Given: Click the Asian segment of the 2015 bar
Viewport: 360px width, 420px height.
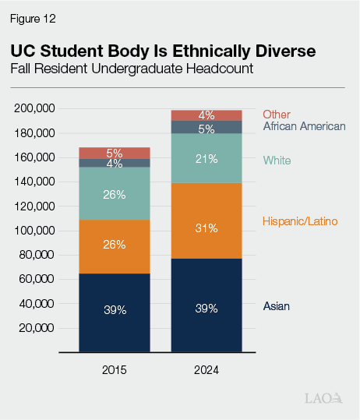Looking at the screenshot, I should tap(115, 312).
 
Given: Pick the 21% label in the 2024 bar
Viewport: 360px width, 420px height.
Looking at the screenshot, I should tap(206, 160).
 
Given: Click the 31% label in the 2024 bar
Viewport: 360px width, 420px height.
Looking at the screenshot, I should tap(206, 228).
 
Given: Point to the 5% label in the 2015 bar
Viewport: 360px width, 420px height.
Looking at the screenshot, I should tap(115, 153).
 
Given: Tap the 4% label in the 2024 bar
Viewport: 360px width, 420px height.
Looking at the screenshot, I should tap(206, 115).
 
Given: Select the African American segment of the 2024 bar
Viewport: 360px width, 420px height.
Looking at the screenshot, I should tap(206, 127).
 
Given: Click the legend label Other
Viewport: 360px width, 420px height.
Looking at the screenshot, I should tap(277, 115).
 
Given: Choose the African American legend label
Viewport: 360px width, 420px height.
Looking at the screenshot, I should tap(304, 125).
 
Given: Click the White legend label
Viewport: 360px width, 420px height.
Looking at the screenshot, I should tap(277, 161).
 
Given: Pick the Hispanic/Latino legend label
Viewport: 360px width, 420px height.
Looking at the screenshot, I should tap(300, 222).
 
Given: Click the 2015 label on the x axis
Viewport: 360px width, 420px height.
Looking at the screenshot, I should tap(115, 370).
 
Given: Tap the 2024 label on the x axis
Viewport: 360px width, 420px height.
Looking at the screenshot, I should tap(206, 370).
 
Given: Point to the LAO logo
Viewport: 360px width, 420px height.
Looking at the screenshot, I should tap(323, 398).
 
